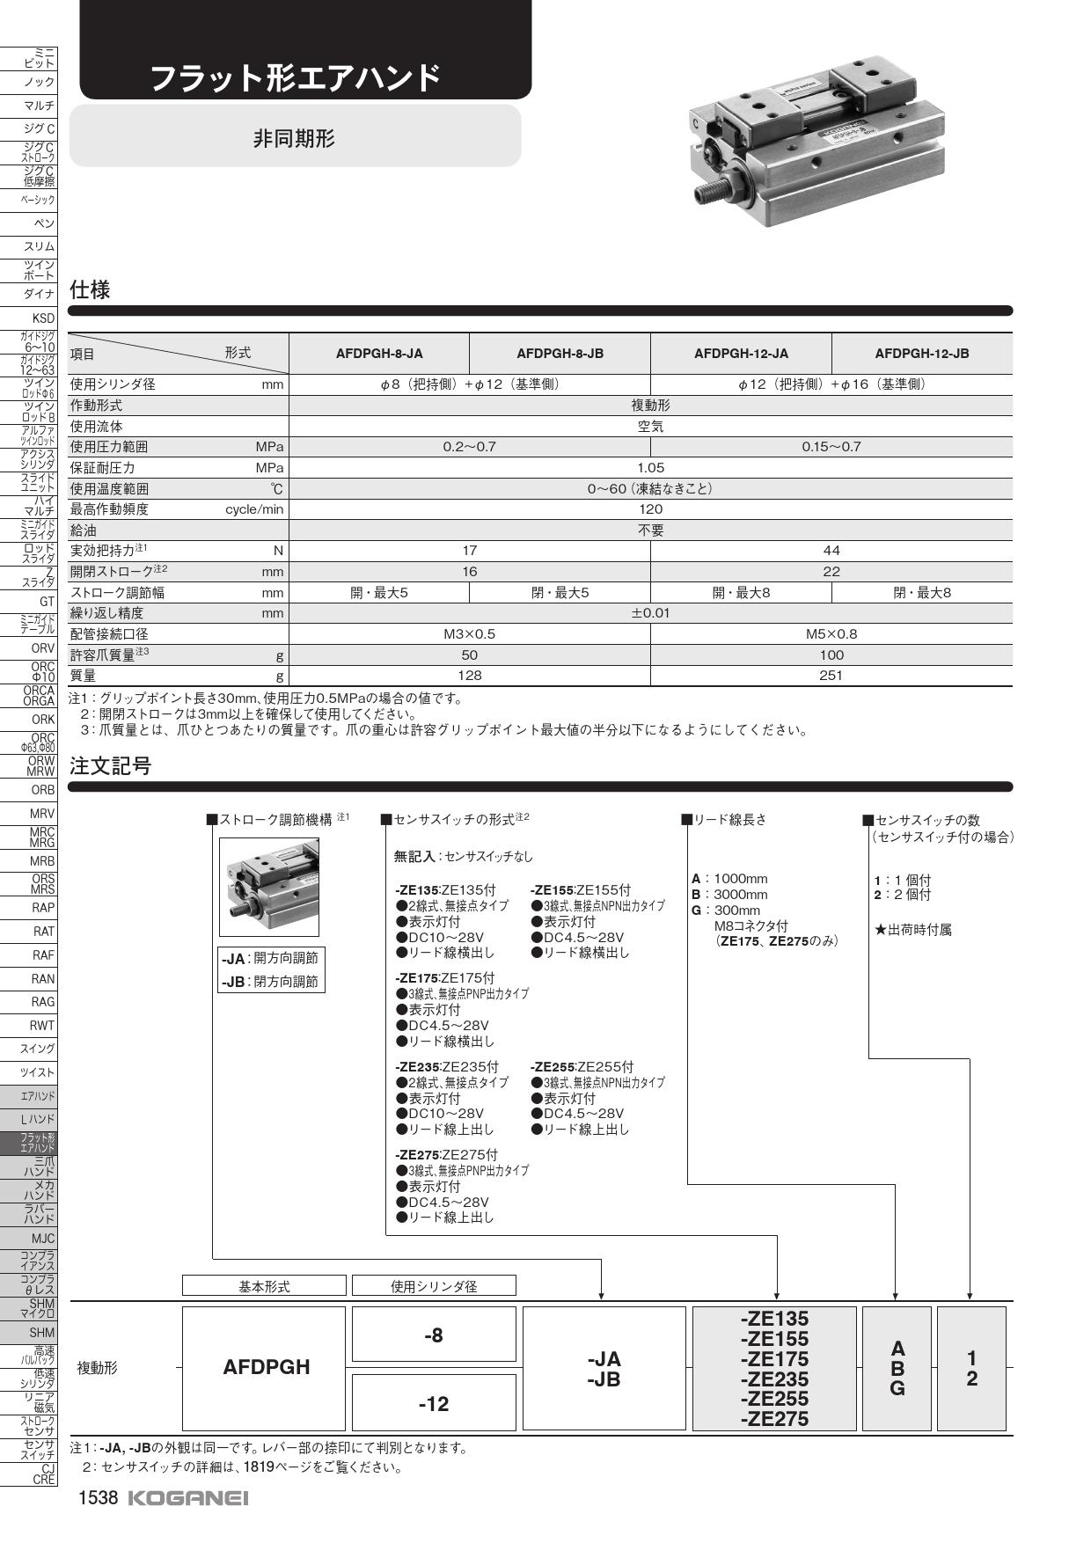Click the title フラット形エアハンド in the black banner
click(295, 78)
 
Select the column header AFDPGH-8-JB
click(560, 354)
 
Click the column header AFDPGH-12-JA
click(741, 354)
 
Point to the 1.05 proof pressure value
click(650, 468)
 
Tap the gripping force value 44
click(831, 551)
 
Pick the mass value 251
click(831, 676)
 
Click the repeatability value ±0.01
click(650, 613)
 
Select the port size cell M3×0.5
click(469, 634)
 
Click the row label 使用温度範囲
click(110, 489)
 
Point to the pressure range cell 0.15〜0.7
click(831, 447)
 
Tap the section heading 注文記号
click(111, 766)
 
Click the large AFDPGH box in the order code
click(266, 1367)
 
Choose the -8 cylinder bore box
click(433, 1335)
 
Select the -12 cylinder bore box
click(433, 1404)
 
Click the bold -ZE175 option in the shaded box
click(774, 1359)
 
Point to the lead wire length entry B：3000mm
click(729, 895)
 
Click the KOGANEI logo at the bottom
click(188, 1498)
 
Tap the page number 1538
click(98, 1498)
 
